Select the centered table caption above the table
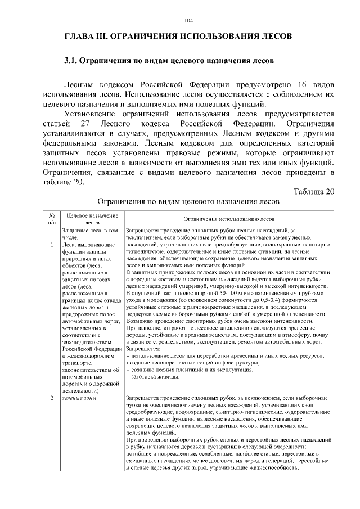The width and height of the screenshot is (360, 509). pos(188,201)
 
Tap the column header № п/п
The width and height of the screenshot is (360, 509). pos(51,219)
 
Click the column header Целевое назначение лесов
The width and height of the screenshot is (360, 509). pos(91,219)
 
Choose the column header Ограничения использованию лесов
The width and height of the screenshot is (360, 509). pos(228,219)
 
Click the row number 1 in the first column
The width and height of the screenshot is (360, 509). pos(51,245)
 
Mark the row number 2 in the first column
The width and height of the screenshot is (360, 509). pos(51,398)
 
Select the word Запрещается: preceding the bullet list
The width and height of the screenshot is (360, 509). pos(143,348)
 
